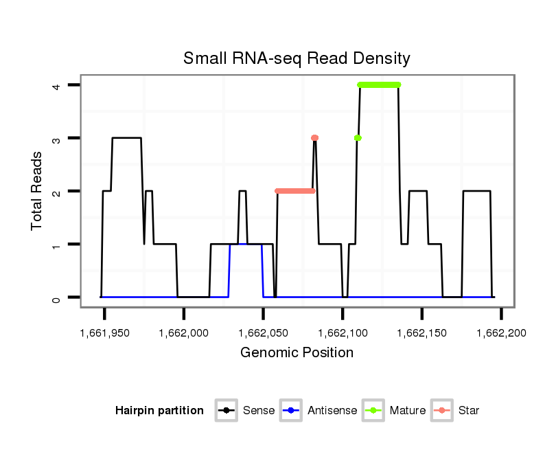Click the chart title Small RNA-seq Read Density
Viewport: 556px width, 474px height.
[297, 58]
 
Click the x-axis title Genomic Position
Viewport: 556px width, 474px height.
[297, 353]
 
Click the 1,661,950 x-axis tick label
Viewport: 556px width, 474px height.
[104, 333]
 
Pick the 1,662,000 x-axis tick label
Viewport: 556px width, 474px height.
[183, 333]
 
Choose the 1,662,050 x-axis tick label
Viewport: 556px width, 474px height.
[263, 333]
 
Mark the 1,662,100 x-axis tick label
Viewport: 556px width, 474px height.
[343, 333]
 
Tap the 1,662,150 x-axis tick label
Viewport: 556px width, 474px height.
[421, 333]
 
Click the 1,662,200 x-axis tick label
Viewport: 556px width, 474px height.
[501, 333]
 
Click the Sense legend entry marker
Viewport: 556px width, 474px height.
[226, 411]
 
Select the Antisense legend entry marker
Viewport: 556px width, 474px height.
[292, 411]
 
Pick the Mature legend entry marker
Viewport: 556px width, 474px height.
[374, 411]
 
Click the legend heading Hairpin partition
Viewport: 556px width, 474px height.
[159, 411]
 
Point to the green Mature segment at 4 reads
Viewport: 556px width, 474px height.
[379, 85]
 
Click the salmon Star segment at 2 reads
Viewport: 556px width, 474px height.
[294, 191]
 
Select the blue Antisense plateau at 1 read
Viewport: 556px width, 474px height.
[246, 245]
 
